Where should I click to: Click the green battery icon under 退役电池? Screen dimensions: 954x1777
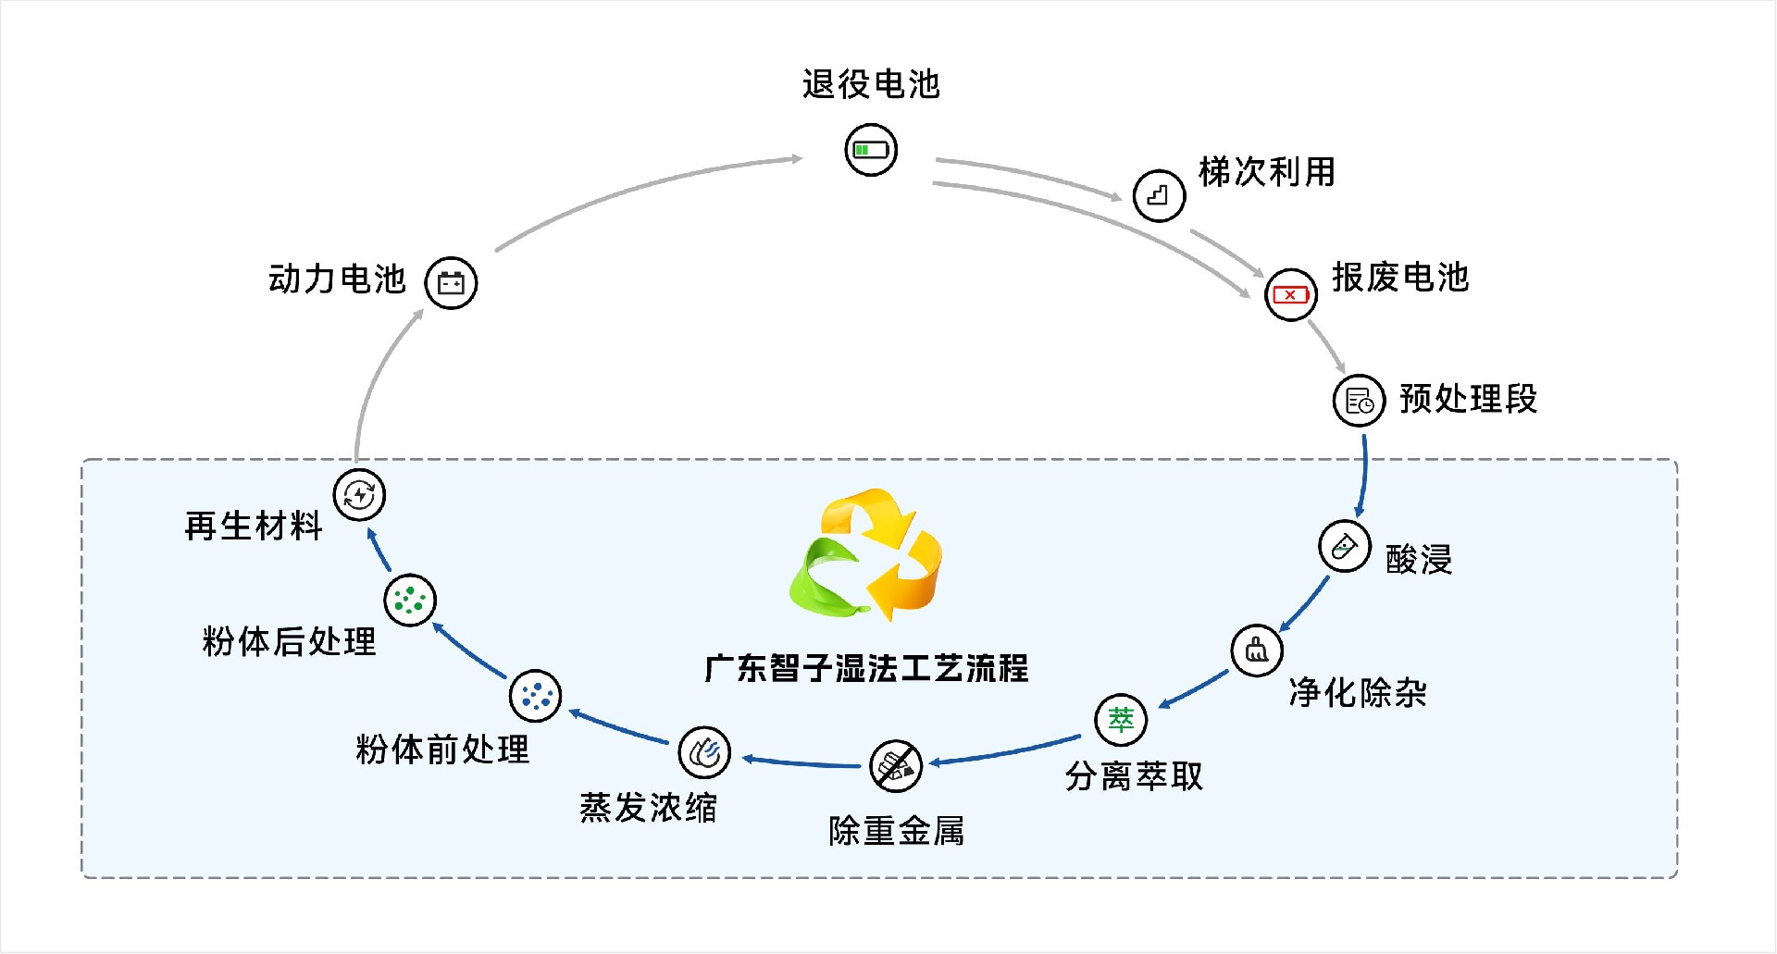[871, 150]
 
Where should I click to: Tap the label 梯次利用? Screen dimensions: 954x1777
[1266, 172]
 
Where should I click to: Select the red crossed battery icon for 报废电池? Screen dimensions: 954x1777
[1290, 295]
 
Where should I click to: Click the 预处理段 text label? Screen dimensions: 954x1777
[1468, 400]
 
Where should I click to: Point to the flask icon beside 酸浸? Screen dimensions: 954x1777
[1344, 546]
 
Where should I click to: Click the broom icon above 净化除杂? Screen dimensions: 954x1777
[1257, 650]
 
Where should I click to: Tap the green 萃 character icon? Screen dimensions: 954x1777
[1121, 719]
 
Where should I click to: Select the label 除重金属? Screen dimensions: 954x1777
[896, 831]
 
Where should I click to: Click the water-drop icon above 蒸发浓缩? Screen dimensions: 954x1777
[704, 752]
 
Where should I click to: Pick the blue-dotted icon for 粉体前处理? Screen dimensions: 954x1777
[535, 696]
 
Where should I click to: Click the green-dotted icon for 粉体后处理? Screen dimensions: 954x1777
[409, 600]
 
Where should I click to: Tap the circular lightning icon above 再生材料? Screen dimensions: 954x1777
[359, 494]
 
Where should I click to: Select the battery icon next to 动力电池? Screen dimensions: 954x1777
[451, 282]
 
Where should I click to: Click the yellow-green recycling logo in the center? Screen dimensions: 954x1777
[866, 555]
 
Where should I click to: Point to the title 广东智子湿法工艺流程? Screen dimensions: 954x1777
[866, 668]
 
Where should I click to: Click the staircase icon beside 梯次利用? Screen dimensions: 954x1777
[1159, 195]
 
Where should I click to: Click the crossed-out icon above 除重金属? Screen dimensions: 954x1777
[896, 766]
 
